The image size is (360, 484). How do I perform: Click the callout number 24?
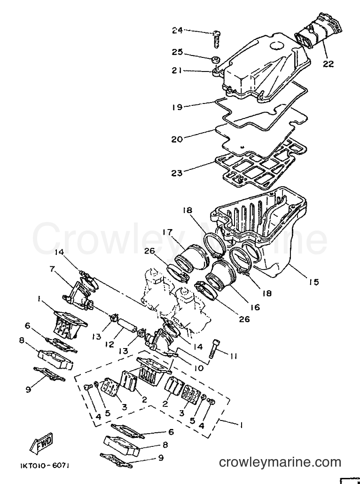177,30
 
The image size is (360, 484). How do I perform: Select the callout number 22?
329,63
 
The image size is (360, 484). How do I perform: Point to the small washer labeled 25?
215,58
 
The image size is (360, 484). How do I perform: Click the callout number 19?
177,107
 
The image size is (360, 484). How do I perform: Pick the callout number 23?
177,173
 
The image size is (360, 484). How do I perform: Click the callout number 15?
313,281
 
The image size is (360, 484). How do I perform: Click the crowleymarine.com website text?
280,462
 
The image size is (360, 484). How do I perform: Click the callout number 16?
255,307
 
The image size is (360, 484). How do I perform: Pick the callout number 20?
177,139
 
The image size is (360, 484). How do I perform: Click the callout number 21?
177,71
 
